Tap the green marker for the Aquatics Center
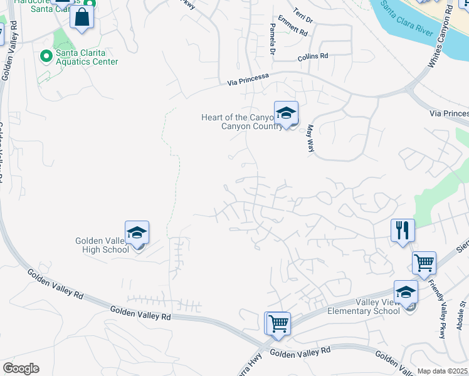click(x=45, y=56)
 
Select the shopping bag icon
click(x=82, y=18)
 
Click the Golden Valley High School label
click(x=102, y=244)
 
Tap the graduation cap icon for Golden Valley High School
click(x=137, y=233)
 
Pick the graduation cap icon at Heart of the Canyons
click(x=286, y=113)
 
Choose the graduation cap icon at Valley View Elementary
click(x=406, y=293)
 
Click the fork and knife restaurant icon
click(x=402, y=230)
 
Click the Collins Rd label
click(x=313, y=56)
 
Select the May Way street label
click(x=310, y=138)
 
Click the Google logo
click(x=21, y=368)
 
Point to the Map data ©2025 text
click(x=442, y=371)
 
